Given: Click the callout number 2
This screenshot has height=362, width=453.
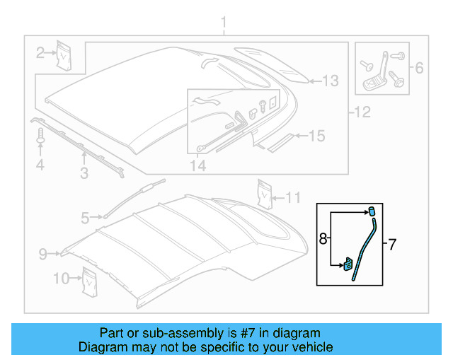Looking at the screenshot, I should (41, 51).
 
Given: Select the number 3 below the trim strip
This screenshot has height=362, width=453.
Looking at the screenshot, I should (84, 172).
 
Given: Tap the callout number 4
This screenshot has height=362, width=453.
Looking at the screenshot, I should (40, 165).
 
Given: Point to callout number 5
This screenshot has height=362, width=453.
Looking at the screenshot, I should (85, 219).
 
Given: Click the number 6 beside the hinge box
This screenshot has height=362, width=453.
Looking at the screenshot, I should (418, 69).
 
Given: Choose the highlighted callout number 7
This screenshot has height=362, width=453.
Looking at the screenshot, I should (391, 245).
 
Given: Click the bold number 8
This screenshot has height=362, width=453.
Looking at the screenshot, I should (323, 240).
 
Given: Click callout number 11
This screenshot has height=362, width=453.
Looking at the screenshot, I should (293, 197).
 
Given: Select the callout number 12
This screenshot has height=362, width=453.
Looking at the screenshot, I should (362, 111).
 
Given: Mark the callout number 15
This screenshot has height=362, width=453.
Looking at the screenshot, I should (316, 136).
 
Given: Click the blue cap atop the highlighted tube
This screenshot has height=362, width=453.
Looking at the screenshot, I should (370, 210).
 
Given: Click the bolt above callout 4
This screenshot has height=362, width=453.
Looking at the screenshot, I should (40, 136).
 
